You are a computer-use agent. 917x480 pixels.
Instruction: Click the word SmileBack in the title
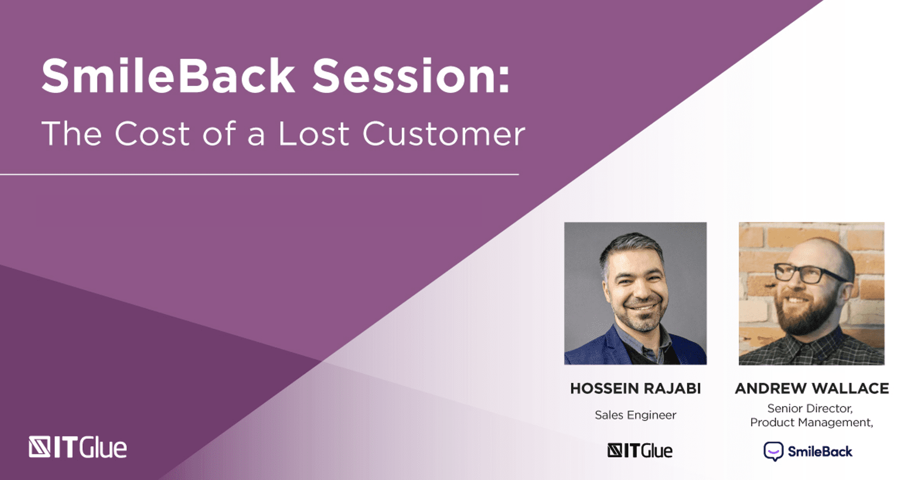click(168, 76)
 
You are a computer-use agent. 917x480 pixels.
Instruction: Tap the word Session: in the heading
click(411, 76)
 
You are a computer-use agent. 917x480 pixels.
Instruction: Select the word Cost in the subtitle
click(152, 133)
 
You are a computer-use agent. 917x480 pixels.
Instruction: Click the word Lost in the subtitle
click(314, 133)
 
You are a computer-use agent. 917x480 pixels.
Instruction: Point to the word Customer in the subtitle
click(444, 133)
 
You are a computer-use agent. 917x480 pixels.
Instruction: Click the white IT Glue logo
click(78, 447)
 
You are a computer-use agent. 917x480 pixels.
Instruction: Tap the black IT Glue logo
click(640, 451)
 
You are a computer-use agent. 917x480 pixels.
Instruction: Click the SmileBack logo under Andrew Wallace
click(808, 451)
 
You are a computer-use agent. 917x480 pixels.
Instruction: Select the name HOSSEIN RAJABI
click(635, 388)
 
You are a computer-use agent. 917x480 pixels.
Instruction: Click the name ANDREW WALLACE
click(812, 388)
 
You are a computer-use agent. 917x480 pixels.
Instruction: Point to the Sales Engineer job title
click(635, 415)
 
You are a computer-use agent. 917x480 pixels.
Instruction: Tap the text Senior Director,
click(810, 409)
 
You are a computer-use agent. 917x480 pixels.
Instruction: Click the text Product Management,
click(812, 423)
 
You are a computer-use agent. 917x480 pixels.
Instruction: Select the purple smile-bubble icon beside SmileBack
click(773, 451)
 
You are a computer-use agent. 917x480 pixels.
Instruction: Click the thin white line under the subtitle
click(259, 175)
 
